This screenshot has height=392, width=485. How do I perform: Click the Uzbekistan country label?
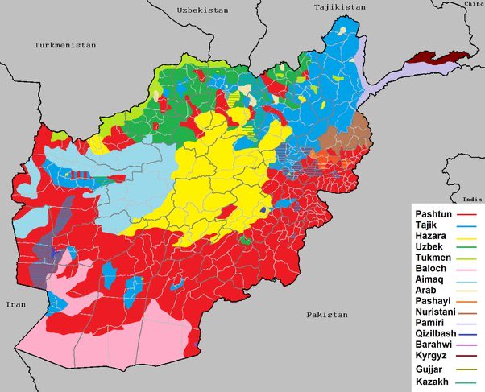click(x=202, y=10)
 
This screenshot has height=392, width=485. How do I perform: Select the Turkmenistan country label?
click(x=64, y=46)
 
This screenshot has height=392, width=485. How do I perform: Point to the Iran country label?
click(x=16, y=304)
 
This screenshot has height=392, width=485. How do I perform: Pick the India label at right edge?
click(x=473, y=199)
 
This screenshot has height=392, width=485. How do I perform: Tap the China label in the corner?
click(x=474, y=4)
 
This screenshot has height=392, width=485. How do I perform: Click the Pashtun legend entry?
click(x=433, y=213)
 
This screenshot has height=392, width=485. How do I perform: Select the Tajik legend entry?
click(x=427, y=227)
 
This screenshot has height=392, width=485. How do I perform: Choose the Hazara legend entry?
click(x=431, y=240)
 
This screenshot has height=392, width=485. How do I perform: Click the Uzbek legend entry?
click(x=429, y=253)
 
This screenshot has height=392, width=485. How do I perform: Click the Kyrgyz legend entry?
click(x=432, y=357)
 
